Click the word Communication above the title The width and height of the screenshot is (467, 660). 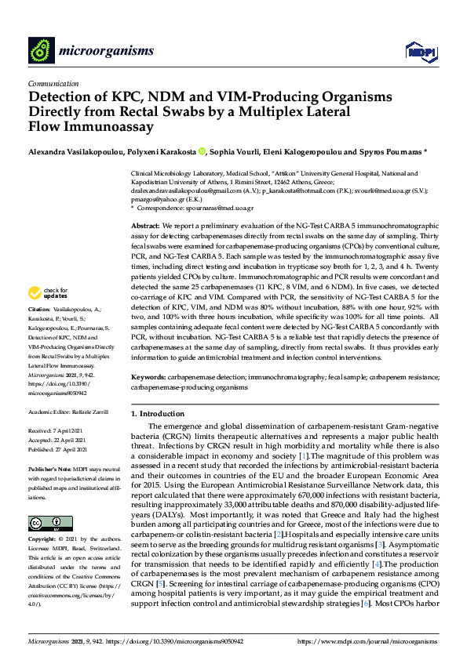(x=53, y=83)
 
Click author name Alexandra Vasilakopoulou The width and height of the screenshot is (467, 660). (x=74, y=151)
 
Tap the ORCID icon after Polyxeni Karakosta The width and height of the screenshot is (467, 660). (x=202, y=151)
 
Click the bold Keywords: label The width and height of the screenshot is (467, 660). (x=149, y=377)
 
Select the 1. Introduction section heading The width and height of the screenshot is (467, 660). (x=161, y=413)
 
